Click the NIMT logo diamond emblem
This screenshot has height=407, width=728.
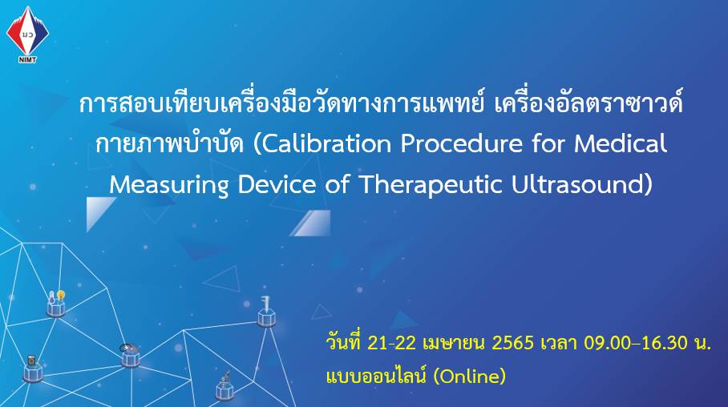click(27, 30)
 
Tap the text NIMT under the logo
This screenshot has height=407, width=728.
click(27, 59)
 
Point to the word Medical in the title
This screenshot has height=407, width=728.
click(621, 143)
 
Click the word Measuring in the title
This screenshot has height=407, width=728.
click(168, 185)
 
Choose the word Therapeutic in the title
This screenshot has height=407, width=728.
click(431, 185)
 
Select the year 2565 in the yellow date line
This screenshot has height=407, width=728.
click(512, 344)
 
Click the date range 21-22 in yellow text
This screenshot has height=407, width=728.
click(391, 344)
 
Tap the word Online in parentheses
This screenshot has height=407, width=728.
click(469, 376)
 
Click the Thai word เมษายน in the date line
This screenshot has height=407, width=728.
click(454, 344)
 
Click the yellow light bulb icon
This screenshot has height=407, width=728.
click(60, 295)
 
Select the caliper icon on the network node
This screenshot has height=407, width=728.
click(266, 304)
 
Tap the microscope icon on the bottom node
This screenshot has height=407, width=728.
click(225, 377)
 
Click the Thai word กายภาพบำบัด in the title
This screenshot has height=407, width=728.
click(170, 143)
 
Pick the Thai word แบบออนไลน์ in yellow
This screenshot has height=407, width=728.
click(377, 376)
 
